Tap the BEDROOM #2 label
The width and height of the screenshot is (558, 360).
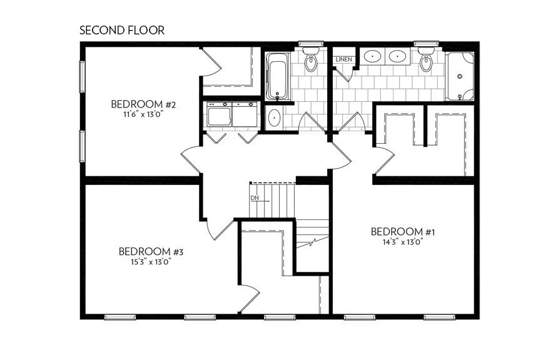(143, 104)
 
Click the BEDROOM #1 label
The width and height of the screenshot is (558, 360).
(402, 231)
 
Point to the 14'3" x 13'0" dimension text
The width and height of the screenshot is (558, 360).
(402, 242)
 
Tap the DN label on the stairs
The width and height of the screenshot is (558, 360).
(255, 198)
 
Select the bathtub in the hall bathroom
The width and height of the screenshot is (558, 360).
(277, 77)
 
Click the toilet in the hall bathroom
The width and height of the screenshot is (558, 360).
(310, 61)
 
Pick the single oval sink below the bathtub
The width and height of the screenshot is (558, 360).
(273, 117)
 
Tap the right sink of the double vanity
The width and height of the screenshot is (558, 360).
(398, 57)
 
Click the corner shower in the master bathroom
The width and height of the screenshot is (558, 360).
(462, 76)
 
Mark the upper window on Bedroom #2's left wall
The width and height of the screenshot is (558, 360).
(81, 76)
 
